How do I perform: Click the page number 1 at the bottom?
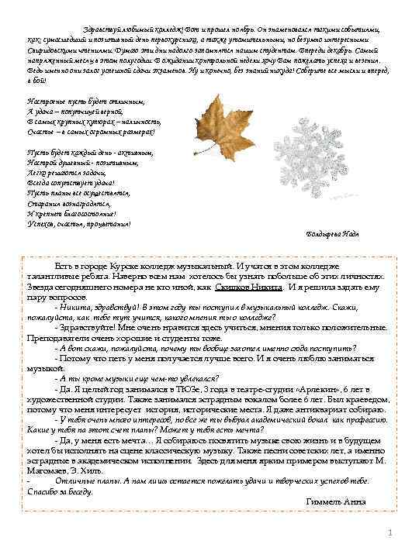pos(391,532)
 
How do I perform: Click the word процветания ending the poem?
pos(108,223)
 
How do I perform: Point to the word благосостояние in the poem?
pos(83,213)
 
